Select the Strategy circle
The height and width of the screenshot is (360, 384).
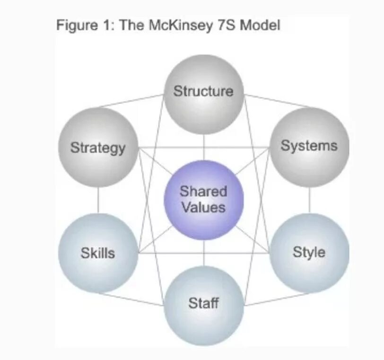[x=98, y=147]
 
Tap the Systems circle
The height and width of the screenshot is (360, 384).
[x=309, y=146]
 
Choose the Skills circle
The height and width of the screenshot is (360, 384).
[x=98, y=253]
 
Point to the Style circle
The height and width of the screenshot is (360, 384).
[x=309, y=252]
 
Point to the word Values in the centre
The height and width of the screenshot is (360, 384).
[x=204, y=207]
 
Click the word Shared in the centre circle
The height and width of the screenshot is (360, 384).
[x=204, y=192]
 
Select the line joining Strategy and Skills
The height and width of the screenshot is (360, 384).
[x=98, y=200]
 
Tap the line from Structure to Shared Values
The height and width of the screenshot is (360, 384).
[x=204, y=147]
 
